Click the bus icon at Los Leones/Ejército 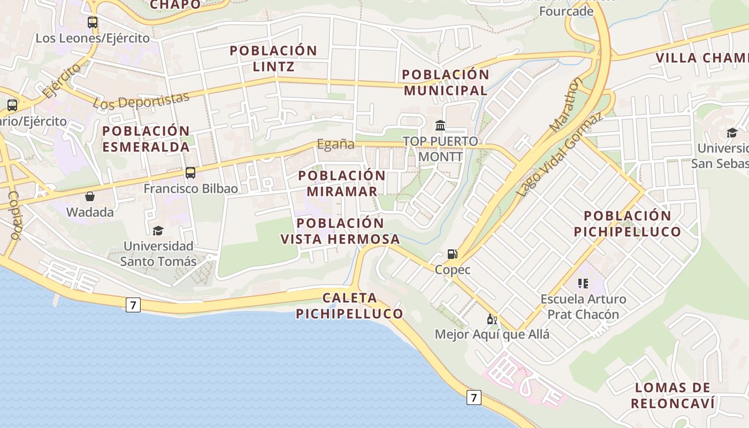click(93, 22)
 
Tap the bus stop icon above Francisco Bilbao click(190, 173)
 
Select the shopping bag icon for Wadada click(90, 197)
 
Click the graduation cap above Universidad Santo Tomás click(158, 231)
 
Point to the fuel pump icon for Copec click(453, 254)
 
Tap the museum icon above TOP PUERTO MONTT click(440, 126)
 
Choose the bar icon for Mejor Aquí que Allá click(492, 319)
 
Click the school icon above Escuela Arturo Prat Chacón click(583, 283)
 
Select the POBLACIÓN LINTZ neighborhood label click(273, 58)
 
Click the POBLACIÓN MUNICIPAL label click(446, 82)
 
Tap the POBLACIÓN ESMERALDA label click(146, 139)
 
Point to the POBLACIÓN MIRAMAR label click(342, 183)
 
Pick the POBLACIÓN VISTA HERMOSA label click(340, 231)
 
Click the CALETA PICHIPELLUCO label click(350, 305)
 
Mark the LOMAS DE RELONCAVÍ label click(672, 395)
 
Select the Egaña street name click(336, 144)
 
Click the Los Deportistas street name click(141, 101)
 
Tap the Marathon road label click(566, 105)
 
